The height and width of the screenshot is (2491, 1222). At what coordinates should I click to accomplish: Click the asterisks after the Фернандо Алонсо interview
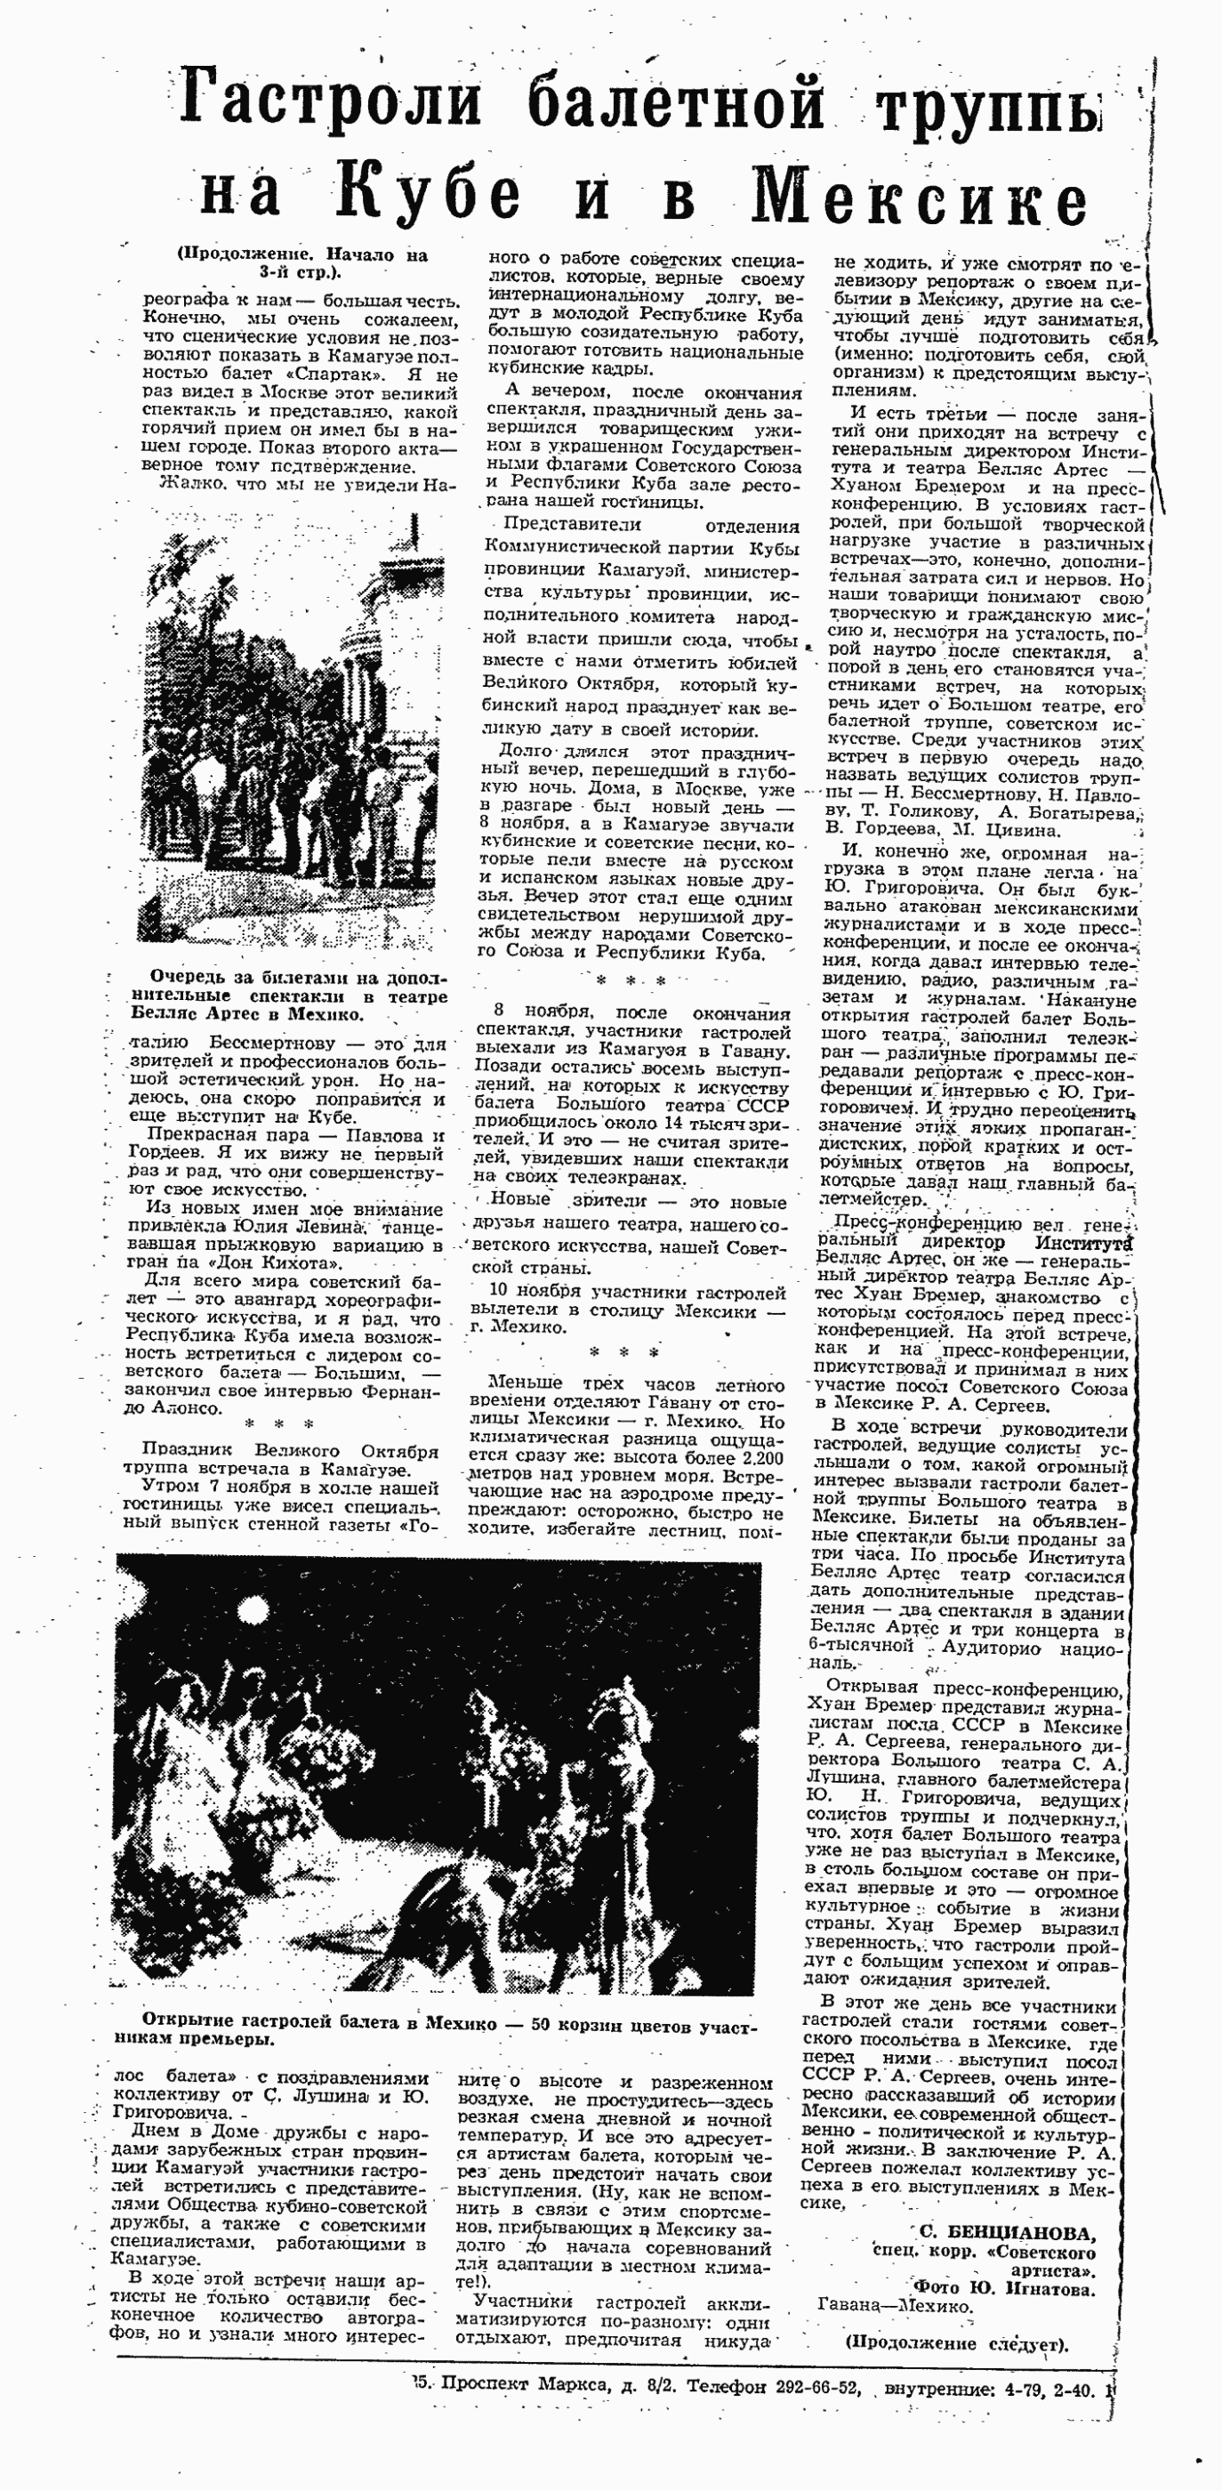pos(279,1424)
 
